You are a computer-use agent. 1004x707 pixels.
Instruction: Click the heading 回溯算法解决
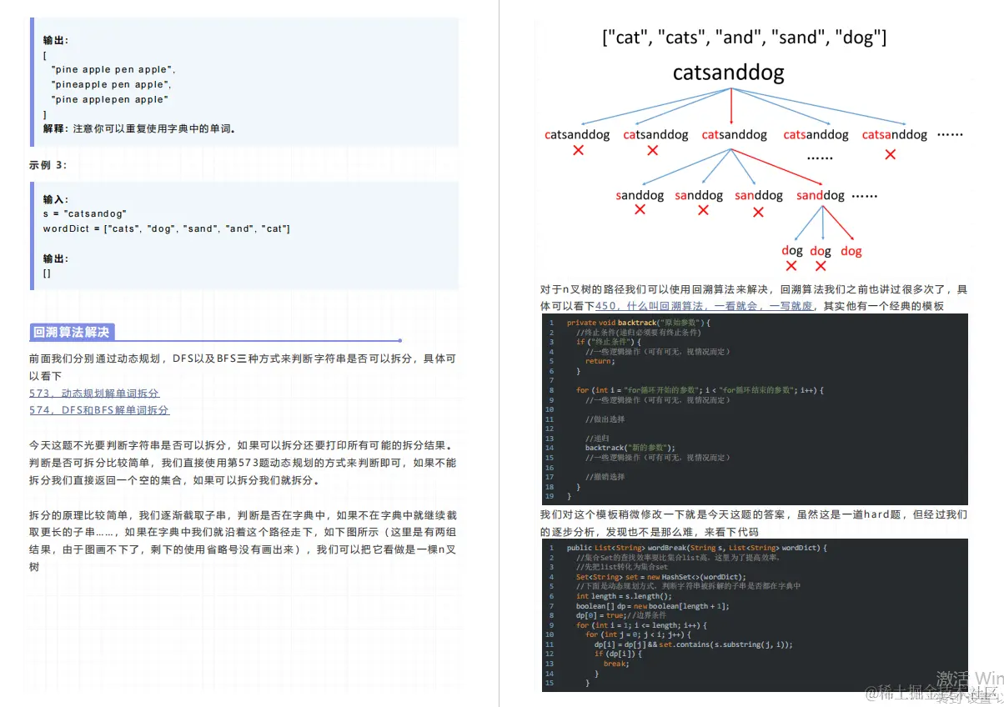tap(71, 333)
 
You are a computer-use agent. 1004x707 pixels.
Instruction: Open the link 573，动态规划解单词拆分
tap(93, 394)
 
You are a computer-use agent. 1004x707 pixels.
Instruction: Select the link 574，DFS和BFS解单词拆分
tap(98, 410)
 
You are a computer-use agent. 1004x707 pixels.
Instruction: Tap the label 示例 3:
tap(48, 165)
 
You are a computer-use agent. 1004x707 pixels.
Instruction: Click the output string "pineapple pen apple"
tap(111, 84)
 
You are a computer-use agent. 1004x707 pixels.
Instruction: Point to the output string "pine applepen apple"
tap(109, 99)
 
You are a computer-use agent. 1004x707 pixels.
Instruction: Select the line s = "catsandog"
tap(84, 214)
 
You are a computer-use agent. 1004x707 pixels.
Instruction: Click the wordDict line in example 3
tap(166, 228)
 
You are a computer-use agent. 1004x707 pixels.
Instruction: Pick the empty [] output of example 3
tap(47, 273)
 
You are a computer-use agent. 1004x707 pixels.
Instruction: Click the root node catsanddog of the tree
tap(728, 73)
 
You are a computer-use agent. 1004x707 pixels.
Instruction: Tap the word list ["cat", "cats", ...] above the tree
tap(744, 38)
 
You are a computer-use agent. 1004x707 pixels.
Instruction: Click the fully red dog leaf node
tap(851, 251)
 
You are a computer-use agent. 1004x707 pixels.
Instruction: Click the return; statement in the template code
tap(599, 361)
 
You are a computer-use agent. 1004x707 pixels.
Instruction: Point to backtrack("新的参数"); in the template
tap(630, 448)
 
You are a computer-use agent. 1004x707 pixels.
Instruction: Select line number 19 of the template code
tap(550, 496)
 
